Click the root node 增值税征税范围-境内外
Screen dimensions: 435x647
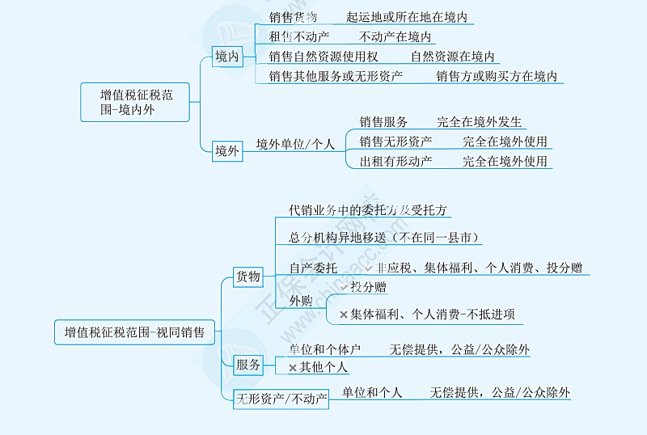(x=136, y=102)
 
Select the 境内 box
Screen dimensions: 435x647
(x=227, y=57)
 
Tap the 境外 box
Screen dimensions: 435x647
(x=227, y=150)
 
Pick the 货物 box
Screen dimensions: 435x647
(x=248, y=277)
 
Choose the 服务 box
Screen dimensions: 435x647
(x=248, y=365)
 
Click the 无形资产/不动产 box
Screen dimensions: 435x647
(x=281, y=399)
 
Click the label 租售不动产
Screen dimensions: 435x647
(x=299, y=36)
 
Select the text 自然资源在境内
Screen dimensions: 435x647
(x=452, y=57)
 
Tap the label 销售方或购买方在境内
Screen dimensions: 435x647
(x=497, y=76)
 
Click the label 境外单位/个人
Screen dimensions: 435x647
(x=295, y=144)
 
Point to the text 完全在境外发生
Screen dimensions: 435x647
(x=480, y=122)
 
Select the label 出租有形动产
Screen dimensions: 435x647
(x=396, y=161)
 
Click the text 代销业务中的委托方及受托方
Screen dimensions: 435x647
(x=368, y=209)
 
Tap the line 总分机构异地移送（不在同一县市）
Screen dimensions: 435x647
(x=385, y=238)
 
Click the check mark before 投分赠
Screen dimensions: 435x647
(x=344, y=287)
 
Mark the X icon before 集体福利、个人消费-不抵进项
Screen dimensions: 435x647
(x=344, y=315)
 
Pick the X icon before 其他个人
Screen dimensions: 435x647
(x=294, y=368)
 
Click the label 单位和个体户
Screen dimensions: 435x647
(x=325, y=349)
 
